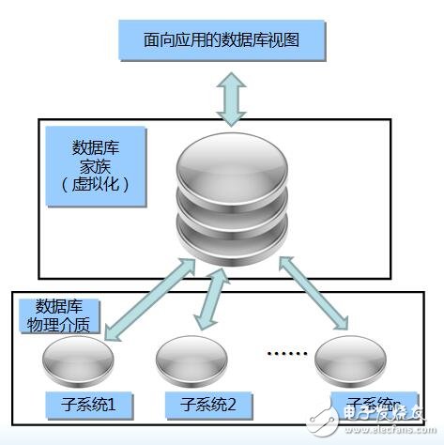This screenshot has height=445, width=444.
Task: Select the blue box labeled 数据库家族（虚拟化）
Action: [94, 166]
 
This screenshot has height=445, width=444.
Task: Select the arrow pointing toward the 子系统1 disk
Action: [150, 299]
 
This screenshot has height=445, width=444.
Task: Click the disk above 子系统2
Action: [192, 361]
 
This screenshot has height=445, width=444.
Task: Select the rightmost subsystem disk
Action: [350, 361]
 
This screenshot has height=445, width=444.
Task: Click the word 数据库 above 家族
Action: [94, 148]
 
